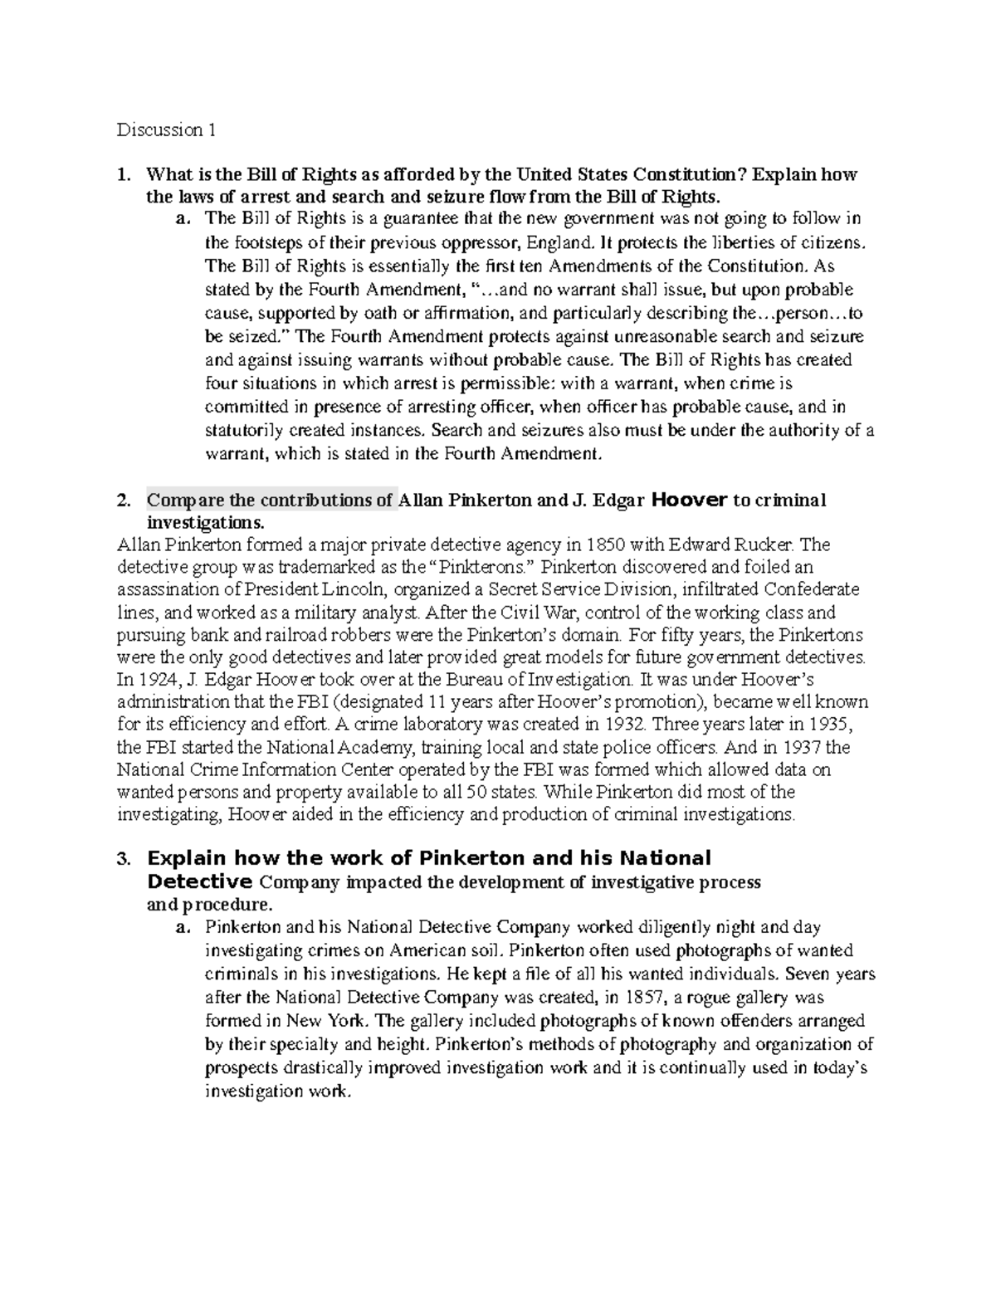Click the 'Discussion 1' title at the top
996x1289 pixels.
166,130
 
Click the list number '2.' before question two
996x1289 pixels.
124,501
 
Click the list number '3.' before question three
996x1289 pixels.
124,859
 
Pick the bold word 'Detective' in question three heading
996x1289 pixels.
199,881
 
